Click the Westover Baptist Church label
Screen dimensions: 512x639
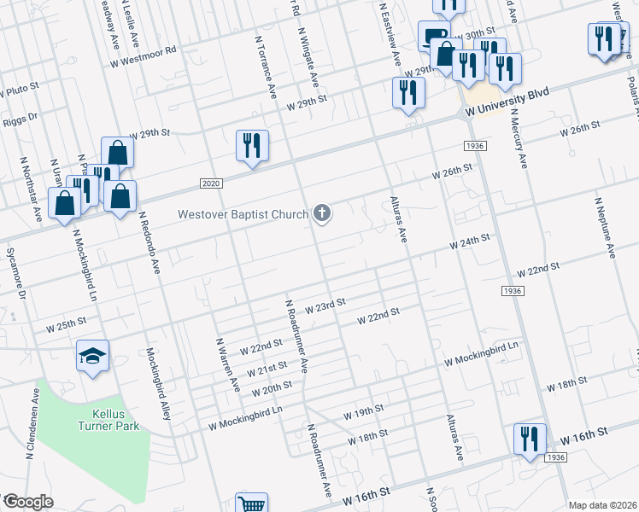[x=243, y=213]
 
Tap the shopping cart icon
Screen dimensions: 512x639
[x=252, y=504]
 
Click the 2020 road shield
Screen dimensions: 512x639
[x=212, y=183]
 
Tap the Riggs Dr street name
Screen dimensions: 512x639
[x=22, y=117]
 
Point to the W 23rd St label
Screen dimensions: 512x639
[x=325, y=303]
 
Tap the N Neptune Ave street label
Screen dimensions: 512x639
[x=603, y=226]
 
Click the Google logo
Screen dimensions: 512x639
[x=28, y=502]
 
